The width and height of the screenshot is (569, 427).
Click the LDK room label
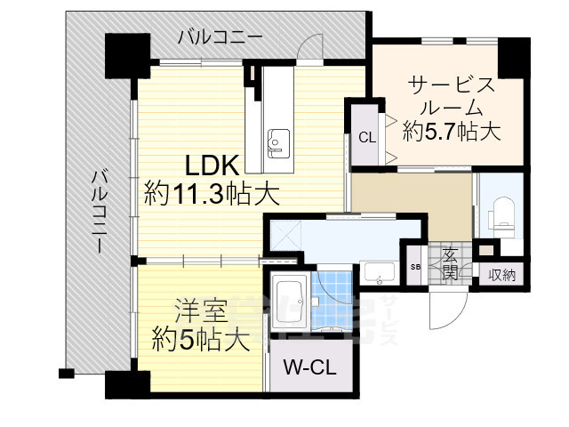(212, 165)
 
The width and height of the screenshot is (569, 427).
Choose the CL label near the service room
(366, 137)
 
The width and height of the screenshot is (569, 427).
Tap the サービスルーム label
(451, 96)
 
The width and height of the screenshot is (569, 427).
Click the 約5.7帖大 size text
(451, 132)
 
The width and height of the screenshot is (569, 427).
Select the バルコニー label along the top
(220, 36)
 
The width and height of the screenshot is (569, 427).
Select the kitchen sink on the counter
(277, 140)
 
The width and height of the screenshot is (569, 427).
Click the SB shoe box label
(415, 268)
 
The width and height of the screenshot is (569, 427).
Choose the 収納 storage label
(501, 275)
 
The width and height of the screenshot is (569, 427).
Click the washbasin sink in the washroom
(380, 273)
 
